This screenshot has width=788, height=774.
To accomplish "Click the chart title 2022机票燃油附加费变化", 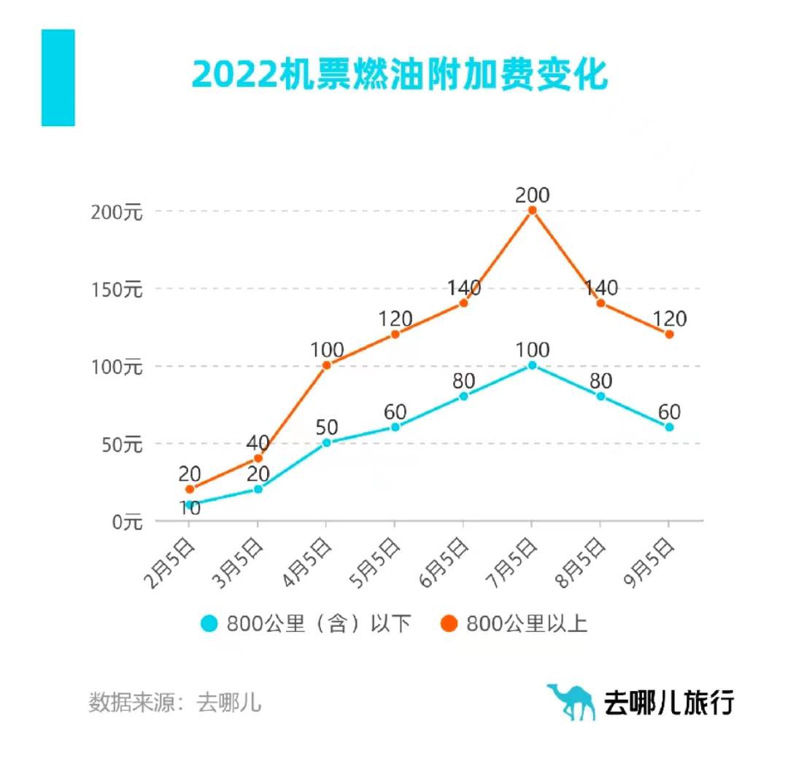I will (x=400, y=75).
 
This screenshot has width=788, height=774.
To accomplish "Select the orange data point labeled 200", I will (x=532, y=211).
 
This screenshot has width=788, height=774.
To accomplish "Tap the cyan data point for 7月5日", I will (x=532, y=365).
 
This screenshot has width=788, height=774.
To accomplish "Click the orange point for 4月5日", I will (x=326, y=365).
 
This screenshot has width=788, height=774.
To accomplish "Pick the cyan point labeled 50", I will (x=326, y=442).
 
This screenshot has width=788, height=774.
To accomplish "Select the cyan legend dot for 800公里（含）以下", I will (x=209, y=624).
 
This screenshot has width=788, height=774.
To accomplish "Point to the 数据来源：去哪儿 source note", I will (x=175, y=703).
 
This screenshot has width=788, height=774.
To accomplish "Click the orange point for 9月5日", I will (x=669, y=335).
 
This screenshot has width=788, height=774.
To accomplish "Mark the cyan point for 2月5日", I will (x=189, y=504).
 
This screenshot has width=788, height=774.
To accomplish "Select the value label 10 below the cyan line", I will (x=190, y=509).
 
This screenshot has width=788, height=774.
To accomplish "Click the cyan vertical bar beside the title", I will (x=58, y=77).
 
